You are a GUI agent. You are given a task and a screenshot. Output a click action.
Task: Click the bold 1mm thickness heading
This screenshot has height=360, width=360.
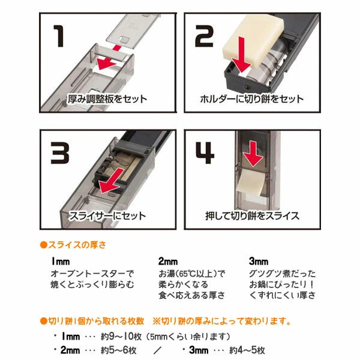pos(62,262)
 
